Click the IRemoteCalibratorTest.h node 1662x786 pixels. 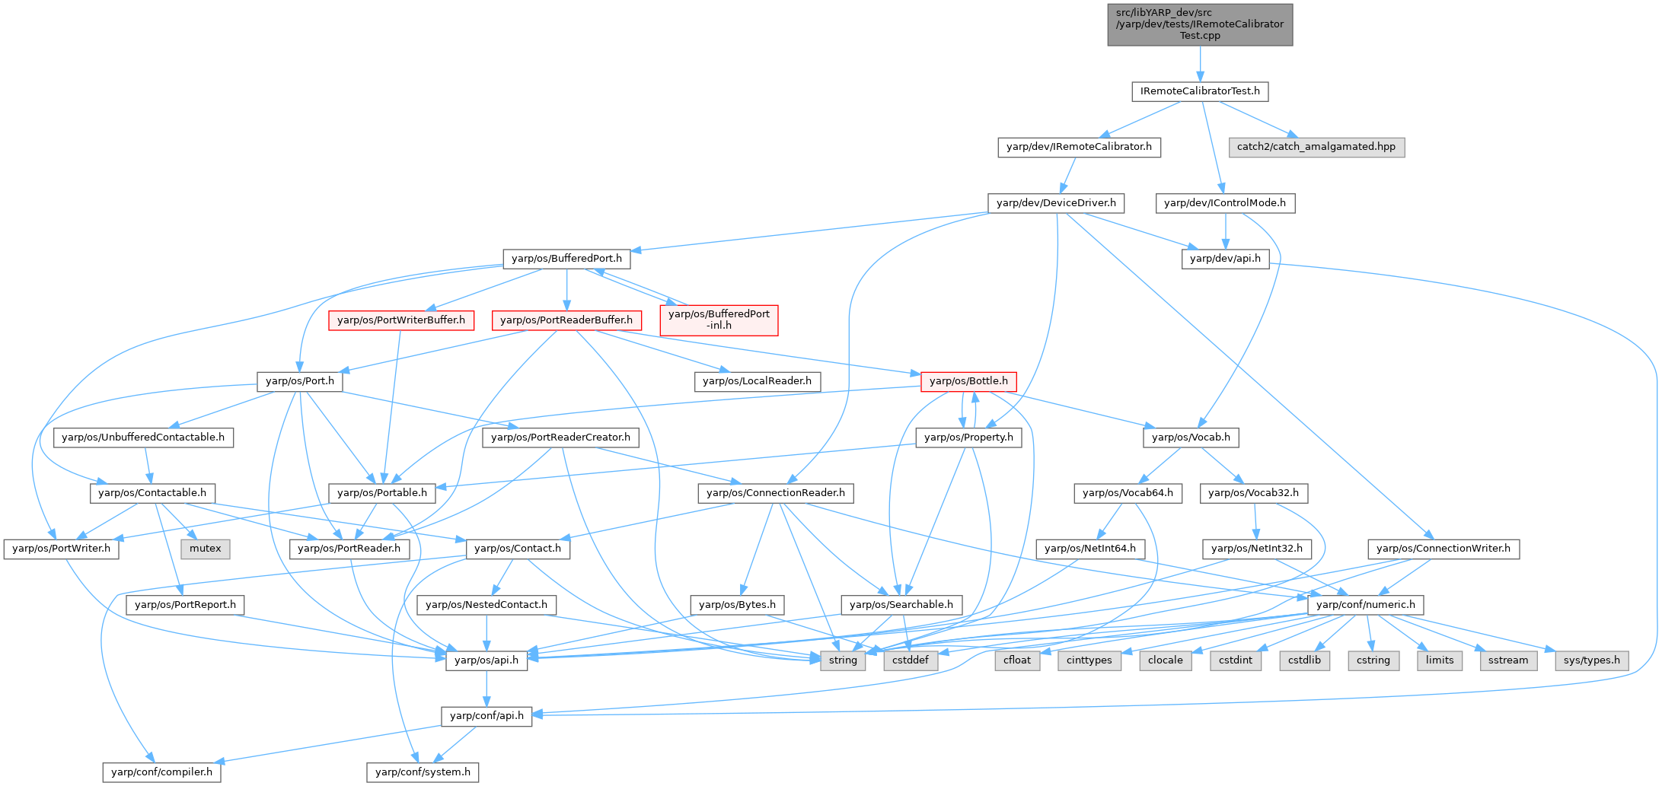click(x=1199, y=91)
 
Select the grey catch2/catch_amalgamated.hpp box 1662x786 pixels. click(x=1316, y=147)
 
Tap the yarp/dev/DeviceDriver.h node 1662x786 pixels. click(x=1056, y=203)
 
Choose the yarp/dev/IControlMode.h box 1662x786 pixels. click(x=1224, y=203)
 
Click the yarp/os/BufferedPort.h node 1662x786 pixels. click(x=566, y=259)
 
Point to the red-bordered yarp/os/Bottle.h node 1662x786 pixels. click(x=968, y=381)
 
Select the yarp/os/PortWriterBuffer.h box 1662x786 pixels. click(x=400, y=320)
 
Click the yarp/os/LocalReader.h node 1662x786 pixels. click(x=757, y=381)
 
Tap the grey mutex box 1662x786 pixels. click(x=205, y=549)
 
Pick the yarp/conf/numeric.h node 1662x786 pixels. click(x=1365, y=605)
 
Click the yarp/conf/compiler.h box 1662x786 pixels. click(x=162, y=772)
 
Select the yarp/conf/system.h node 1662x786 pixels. click(x=423, y=772)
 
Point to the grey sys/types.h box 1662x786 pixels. click(x=1591, y=660)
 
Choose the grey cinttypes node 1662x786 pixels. click(x=1089, y=660)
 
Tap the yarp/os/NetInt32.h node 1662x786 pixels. click(x=1256, y=549)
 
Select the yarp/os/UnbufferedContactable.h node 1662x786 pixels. click(x=143, y=438)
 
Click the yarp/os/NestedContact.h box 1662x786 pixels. click(x=486, y=605)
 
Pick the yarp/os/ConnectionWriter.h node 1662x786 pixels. click(x=1443, y=549)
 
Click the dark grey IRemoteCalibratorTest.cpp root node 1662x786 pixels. click(x=1199, y=24)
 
